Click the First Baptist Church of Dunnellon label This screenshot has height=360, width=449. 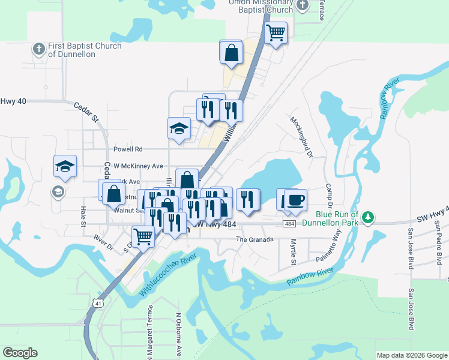coord(85,50)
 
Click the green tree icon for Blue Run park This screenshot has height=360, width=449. coord(370,218)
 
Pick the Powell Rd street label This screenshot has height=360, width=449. coord(128,149)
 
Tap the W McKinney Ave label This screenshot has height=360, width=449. coord(139,166)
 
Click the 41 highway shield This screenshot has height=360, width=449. coord(97,304)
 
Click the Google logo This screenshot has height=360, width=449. coord(20,353)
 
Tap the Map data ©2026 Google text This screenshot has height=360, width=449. coord(412,355)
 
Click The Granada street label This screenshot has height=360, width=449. coord(255,239)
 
